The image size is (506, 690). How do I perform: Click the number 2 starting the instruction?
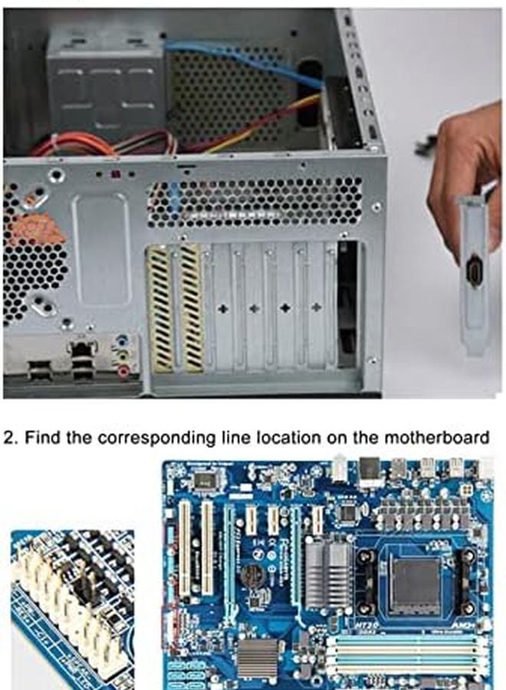pyautogui.click(x=8, y=438)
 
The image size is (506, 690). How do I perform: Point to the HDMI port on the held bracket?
pyautogui.click(x=473, y=273)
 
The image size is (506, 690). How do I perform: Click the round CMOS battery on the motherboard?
pyautogui.click(x=252, y=574)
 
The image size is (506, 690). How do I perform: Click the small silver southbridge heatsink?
pyautogui.click(x=258, y=657)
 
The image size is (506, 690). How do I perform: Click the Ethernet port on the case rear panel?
pyautogui.click(x=82, y=350)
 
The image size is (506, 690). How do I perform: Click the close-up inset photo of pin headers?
pyautogui.click(x=72, y=606)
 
